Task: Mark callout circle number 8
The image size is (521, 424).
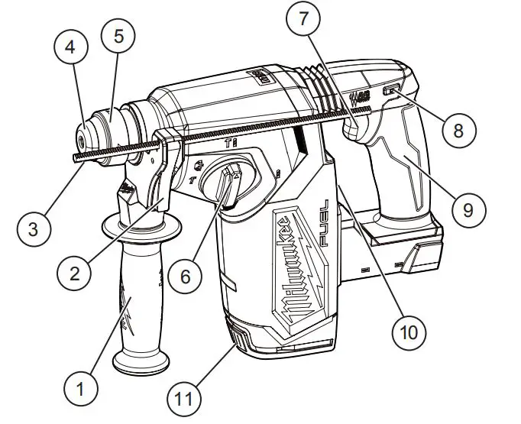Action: click(x=458, y=131)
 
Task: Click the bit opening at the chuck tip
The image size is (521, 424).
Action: click(x=79, y=141)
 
